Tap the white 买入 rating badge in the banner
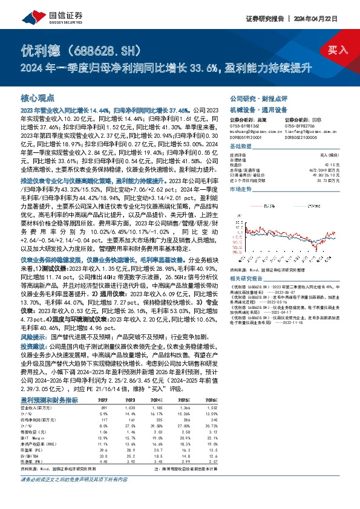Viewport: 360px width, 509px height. click(x=339, y=50)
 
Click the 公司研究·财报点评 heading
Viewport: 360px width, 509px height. click(x=253, y=97)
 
